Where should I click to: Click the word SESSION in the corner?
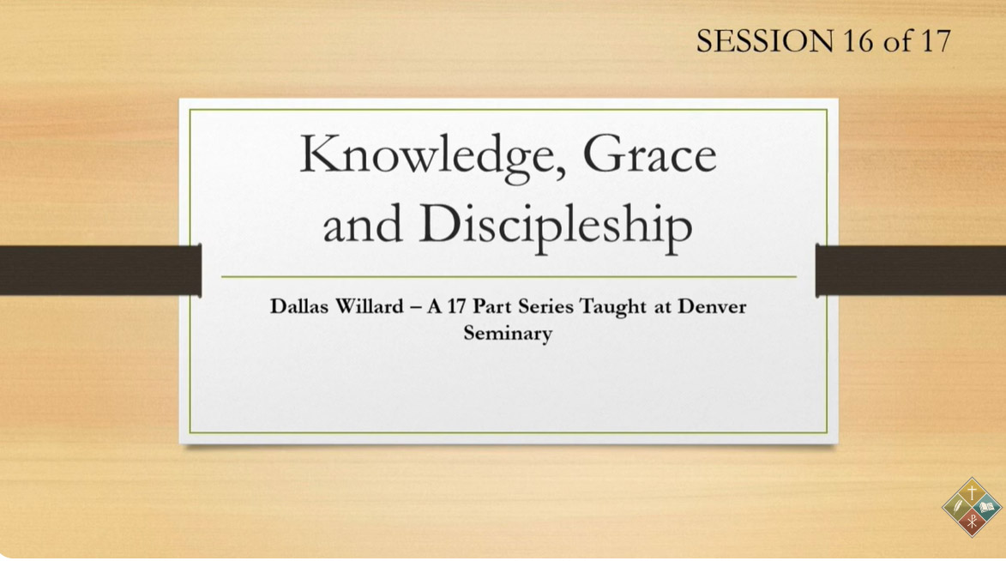765,41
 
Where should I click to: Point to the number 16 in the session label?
857,41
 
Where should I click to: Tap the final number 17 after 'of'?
936,41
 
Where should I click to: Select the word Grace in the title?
649,154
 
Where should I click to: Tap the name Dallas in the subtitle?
299,306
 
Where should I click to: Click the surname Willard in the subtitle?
370,306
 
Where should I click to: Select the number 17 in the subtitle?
456,306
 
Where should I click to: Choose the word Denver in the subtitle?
712,306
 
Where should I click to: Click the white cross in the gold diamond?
972,493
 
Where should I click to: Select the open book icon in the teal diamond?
989,508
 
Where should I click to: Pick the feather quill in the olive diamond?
956,508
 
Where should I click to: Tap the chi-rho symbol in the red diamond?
972,522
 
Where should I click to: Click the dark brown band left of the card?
100,270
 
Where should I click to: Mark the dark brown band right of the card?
911,270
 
